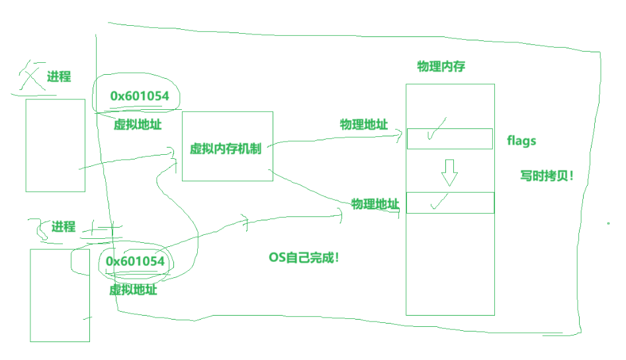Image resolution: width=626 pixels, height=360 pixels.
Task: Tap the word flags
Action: (521, 141)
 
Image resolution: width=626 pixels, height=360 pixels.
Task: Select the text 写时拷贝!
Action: (546, 177)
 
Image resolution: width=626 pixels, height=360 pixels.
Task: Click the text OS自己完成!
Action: (304, 257)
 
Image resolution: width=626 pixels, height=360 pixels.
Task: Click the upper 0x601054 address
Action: (140, 97)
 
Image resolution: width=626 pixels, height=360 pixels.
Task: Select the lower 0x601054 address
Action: (135, 261)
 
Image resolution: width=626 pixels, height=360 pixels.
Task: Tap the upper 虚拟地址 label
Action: (138, 124)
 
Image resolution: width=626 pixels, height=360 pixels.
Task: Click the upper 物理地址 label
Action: (364, 124)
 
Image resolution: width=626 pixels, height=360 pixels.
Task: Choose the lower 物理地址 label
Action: (375, 203)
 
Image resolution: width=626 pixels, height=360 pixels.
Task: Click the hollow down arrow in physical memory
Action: (450, 172)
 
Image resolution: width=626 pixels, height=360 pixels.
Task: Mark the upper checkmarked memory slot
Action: (449, 138)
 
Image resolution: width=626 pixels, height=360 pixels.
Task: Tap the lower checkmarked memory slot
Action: (450, 202)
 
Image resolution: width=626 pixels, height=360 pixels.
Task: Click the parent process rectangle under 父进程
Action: (56, 145)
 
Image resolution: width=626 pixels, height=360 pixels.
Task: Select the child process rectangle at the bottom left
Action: (60, 295)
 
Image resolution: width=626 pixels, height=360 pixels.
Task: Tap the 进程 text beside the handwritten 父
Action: (58, 77)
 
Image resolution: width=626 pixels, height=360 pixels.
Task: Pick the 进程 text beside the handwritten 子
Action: (64, 227)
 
